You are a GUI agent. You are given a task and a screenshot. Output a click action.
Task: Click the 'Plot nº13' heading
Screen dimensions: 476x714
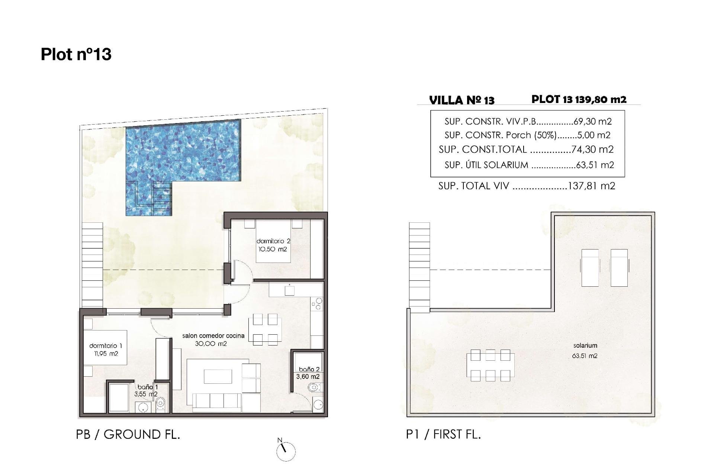pyautogui.click(x=76, y=54)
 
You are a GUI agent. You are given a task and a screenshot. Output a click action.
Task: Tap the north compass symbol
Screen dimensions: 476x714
pyautogui.click(x=286, y=451)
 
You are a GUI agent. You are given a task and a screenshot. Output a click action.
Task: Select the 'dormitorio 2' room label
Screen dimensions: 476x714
pyautogui.click(x=273, y=241)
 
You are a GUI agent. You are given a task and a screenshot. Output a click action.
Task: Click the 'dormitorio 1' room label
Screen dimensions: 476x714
pyautogui.click(x=106, y=346)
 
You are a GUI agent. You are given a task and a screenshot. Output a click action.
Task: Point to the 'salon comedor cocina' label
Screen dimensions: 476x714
pyautogui.click(x=213, y=335)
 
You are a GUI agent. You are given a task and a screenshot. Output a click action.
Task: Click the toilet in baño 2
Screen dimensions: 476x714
pyautogui.click(x=313, y=388)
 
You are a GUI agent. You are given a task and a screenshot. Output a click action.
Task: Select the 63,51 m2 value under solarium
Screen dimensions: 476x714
pyautogui.click(x=585, y=356)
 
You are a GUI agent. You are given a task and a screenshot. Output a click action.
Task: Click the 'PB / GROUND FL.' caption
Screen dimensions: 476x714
pyautogui.click(x=128, y=434)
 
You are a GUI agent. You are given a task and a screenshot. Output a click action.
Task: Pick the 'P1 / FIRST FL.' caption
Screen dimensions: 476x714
pyautogui.click(x=443, y=434)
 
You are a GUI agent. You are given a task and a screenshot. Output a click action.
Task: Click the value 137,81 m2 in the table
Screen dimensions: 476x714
pyautogui.click(x=591, y=186)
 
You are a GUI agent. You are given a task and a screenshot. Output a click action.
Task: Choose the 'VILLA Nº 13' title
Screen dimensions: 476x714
pyautogui.click(x=461, y=100)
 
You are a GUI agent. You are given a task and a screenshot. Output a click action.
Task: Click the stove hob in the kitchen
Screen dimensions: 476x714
pyautogui.click(x=317, y=306)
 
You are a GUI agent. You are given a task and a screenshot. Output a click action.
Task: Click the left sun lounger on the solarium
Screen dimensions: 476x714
pyautogui.click(x=590, y=267)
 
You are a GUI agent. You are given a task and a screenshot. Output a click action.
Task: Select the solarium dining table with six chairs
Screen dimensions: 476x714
pyautogui.click(x=490, y=365)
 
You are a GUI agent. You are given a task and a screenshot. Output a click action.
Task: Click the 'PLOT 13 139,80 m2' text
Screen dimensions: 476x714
pyautogui.click(x=579, y=99)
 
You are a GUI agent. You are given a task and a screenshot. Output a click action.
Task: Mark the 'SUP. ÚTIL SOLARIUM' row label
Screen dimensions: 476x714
pyautogui.click(x=486, y=165)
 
